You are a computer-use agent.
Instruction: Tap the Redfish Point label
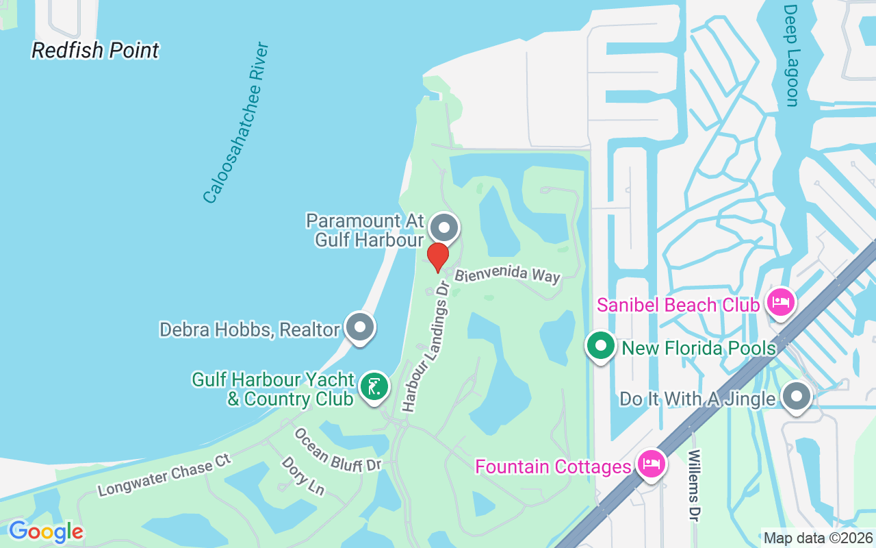[95, 50]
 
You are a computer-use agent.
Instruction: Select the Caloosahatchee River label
[236, 123]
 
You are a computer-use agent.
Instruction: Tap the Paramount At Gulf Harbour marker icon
[444, 227]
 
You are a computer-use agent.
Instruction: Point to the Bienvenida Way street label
[508, 275]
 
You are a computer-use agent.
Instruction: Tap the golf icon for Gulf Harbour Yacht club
[374, 387]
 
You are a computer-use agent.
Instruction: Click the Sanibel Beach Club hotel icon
[781, 301]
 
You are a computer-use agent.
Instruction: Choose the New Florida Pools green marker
[600, 346]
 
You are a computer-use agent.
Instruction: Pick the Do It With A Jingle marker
[796, 396]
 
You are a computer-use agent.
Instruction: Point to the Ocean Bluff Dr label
[337, 450]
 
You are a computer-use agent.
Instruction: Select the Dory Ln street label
[302, 475]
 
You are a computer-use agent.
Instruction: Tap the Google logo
[46, 532]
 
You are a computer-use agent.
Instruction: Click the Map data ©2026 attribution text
[818, 538]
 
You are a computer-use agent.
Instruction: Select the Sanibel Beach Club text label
[678, 305]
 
